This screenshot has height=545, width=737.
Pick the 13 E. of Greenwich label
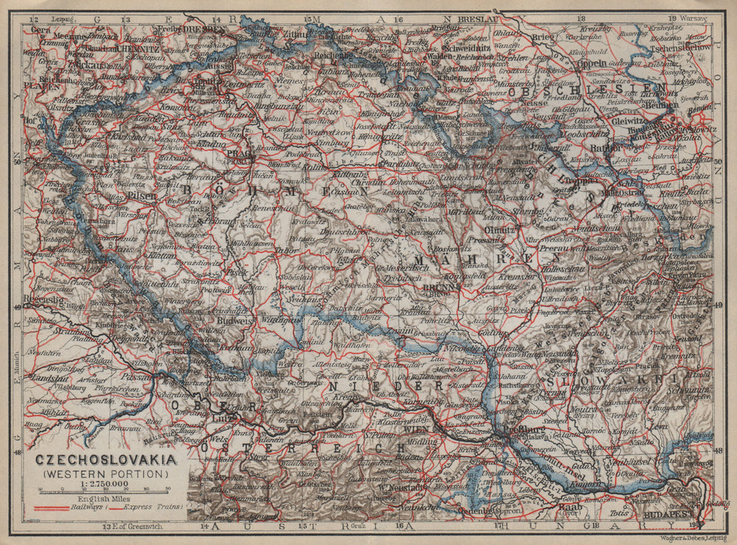(139, 527)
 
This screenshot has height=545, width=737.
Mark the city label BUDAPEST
(661, 515)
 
